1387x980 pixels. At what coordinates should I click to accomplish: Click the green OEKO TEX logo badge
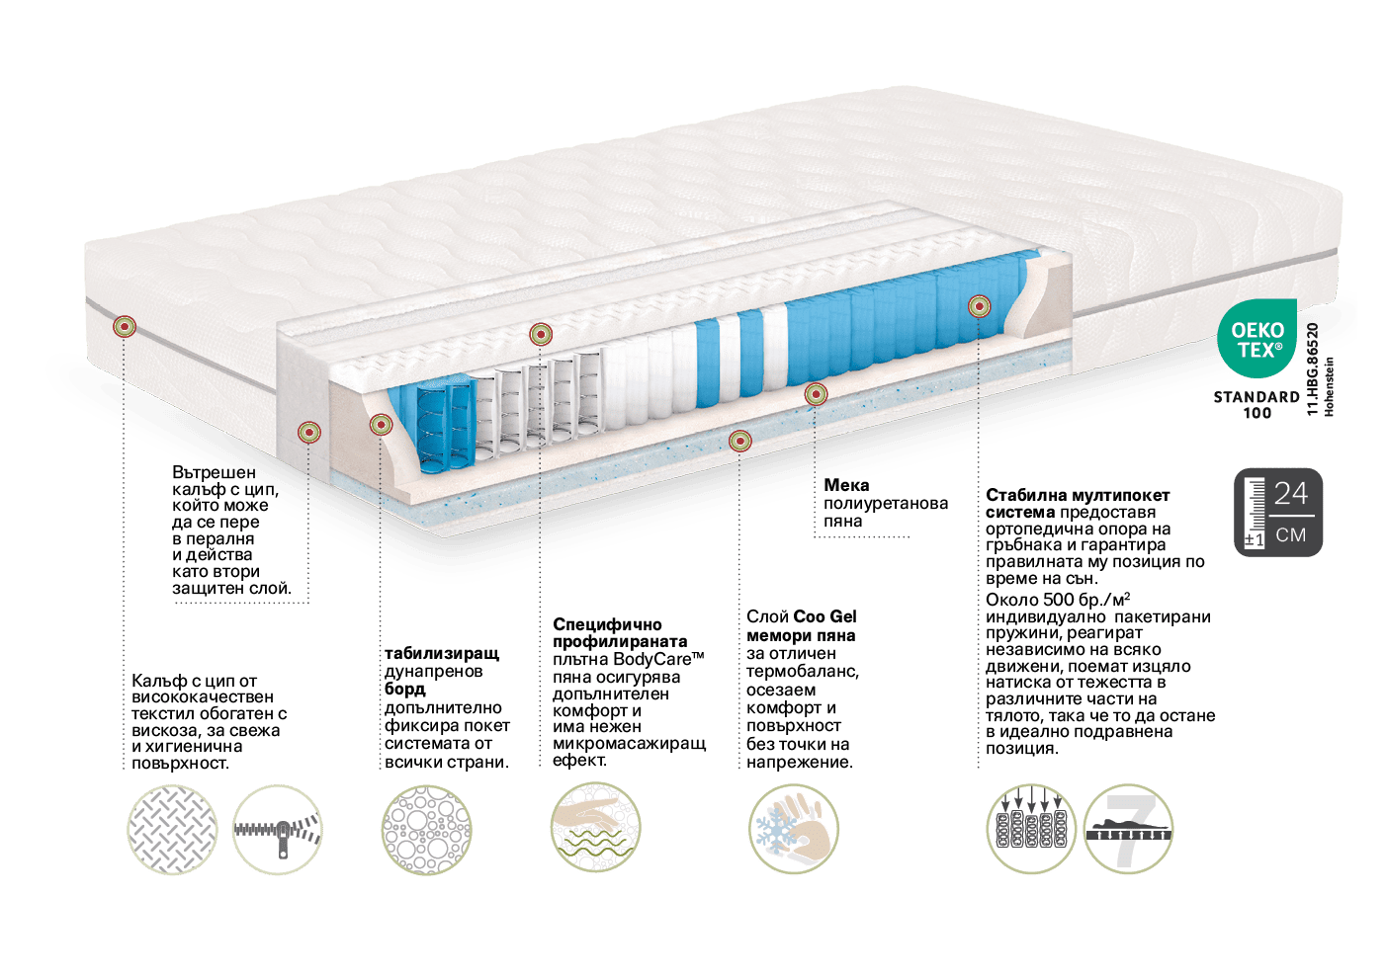point(1257,338)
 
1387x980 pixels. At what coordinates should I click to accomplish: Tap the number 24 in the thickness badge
point(1291,493)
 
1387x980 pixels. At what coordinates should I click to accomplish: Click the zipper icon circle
point(278,830)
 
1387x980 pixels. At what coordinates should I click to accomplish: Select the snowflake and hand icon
point(793,829)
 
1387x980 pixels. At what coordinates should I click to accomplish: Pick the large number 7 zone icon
point(1128,829)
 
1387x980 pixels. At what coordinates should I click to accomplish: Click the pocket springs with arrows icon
point(1031,829)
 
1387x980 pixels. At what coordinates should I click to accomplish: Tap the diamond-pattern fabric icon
point(172,830)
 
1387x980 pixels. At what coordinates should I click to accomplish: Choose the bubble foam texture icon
point(427,830)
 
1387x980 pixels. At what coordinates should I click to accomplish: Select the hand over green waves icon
point(596,827)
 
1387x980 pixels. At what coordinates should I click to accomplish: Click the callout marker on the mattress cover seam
point(125,326)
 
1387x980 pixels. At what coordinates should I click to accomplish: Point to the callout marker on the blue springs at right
point(979,305)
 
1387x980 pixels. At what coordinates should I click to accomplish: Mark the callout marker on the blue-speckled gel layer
point(739,442)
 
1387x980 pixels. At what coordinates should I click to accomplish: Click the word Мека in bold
point(846,485)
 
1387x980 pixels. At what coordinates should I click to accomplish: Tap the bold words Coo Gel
point(824,616)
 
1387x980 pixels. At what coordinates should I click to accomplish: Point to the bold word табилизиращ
point(442,653)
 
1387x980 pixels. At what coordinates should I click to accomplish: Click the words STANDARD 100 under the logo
point(1257,405)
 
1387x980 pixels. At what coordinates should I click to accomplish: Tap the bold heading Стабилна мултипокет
point(1078,495)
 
